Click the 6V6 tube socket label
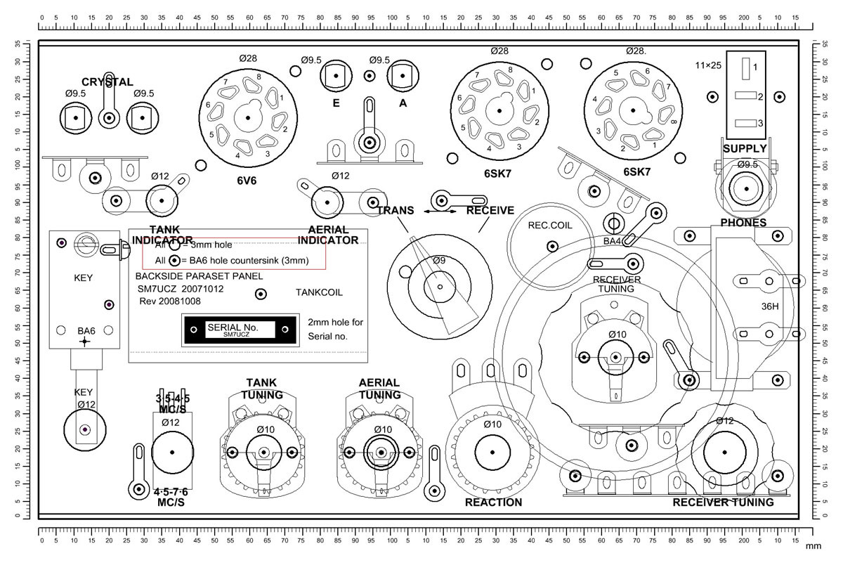pos(247,180)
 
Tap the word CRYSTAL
pos(107,82)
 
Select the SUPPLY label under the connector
pos(745,149)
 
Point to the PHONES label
pos(743,223)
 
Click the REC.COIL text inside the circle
pos(551,226)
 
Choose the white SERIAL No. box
pos(233,329)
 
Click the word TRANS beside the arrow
pos(396,210)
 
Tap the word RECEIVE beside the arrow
pos(490,210)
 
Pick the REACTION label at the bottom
pos(493,502)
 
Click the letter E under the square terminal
pos(336,103)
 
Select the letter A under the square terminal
pos(403,103)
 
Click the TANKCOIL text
pos(320,292)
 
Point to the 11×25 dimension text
pos(709,65)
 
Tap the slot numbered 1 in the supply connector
pos(745,67)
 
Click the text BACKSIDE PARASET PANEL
pos(199,276)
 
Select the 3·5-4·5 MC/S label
pos(172,404)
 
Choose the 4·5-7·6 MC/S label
pos(171,497)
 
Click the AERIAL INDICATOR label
pos(328,235)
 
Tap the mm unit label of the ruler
pos(813,546)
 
